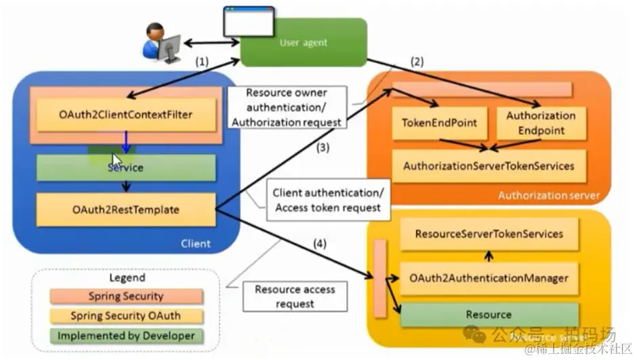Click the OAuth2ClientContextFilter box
click(x=126, y=115)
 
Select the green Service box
click(x=126, y=167)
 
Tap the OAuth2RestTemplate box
click(x=126, y=209)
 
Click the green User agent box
click(x=304, y=43)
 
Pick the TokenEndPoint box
click(x=440, y=123)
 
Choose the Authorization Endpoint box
click(x=541, y=123)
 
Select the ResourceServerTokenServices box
click(x=489, y=234)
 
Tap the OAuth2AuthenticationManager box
click(x=489, y=277)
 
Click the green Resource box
click(x=489, y=315)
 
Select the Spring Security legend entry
click(x=126, y=296)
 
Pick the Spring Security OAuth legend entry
click(x=126, y=316)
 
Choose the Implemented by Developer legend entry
click(x=126, y=336)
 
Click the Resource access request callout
click(x=295, y=297)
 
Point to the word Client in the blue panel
click(x=196, y=243)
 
